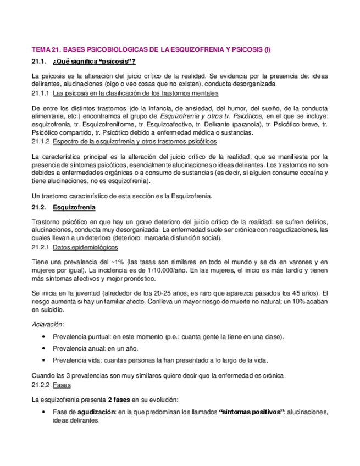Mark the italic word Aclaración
[x=48, y=324]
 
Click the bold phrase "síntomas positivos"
[x=251, y=412]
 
